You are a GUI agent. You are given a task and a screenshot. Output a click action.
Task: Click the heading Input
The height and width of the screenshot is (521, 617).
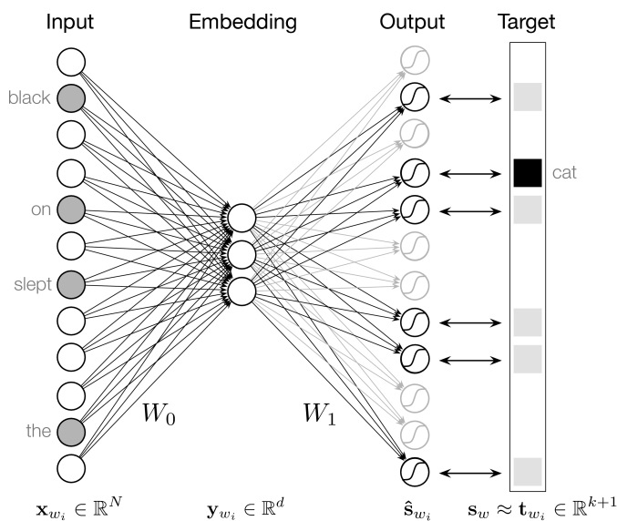tap(71, 21)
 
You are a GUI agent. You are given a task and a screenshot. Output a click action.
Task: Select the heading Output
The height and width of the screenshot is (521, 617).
tap(412, 21)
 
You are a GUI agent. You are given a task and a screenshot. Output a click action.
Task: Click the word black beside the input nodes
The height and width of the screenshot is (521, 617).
tap(29, 97)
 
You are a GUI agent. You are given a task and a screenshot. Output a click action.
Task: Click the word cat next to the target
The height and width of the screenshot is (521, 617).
tap(564, 171)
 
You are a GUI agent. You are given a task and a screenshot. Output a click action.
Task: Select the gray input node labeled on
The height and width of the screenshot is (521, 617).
tap(71, 209)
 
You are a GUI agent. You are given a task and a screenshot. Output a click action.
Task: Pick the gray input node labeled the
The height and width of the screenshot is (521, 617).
tap(71, 430)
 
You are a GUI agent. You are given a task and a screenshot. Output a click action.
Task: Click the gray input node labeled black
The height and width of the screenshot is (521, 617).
tap(71, 97)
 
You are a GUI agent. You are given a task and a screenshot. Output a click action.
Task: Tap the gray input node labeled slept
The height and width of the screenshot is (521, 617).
tap(71, 283)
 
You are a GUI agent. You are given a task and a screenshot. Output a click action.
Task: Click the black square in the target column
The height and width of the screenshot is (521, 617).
tap(527, 171)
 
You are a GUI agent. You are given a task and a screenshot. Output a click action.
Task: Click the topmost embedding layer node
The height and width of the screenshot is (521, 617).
tap(241, 219)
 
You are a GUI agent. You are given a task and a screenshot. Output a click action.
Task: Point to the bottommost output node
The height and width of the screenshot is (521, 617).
tap(414, 471)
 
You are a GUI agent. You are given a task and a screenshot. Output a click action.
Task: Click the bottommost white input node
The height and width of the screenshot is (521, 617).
tap(71, 466)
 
